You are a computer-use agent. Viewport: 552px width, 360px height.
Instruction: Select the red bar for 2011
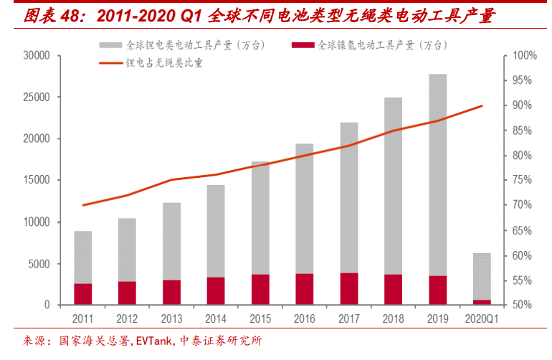point(82,294)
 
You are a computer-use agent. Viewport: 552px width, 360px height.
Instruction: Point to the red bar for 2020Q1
point(482,302)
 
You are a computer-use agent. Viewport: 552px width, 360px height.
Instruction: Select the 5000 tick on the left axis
point(39,264)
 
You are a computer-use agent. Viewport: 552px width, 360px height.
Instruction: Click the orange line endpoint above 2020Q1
point(482,106)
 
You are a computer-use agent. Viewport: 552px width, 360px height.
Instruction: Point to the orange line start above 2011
point(83,205)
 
